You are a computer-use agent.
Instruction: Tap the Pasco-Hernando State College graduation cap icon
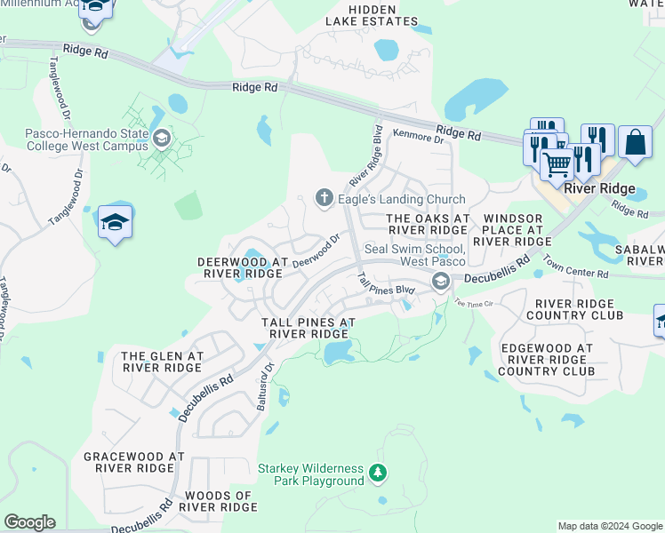[161, 138]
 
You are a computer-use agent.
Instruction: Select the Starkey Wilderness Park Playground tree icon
[378, 473]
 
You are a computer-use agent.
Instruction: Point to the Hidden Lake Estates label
[371, 15]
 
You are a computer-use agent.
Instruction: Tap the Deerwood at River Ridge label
[243, 268]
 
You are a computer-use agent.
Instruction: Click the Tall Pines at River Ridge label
[308, 328]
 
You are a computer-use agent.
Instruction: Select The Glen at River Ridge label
[163, 362]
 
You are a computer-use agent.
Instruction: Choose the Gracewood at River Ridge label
[133, 462]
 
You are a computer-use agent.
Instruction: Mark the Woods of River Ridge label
[218, 501]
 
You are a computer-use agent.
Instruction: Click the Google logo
[29, 522]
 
